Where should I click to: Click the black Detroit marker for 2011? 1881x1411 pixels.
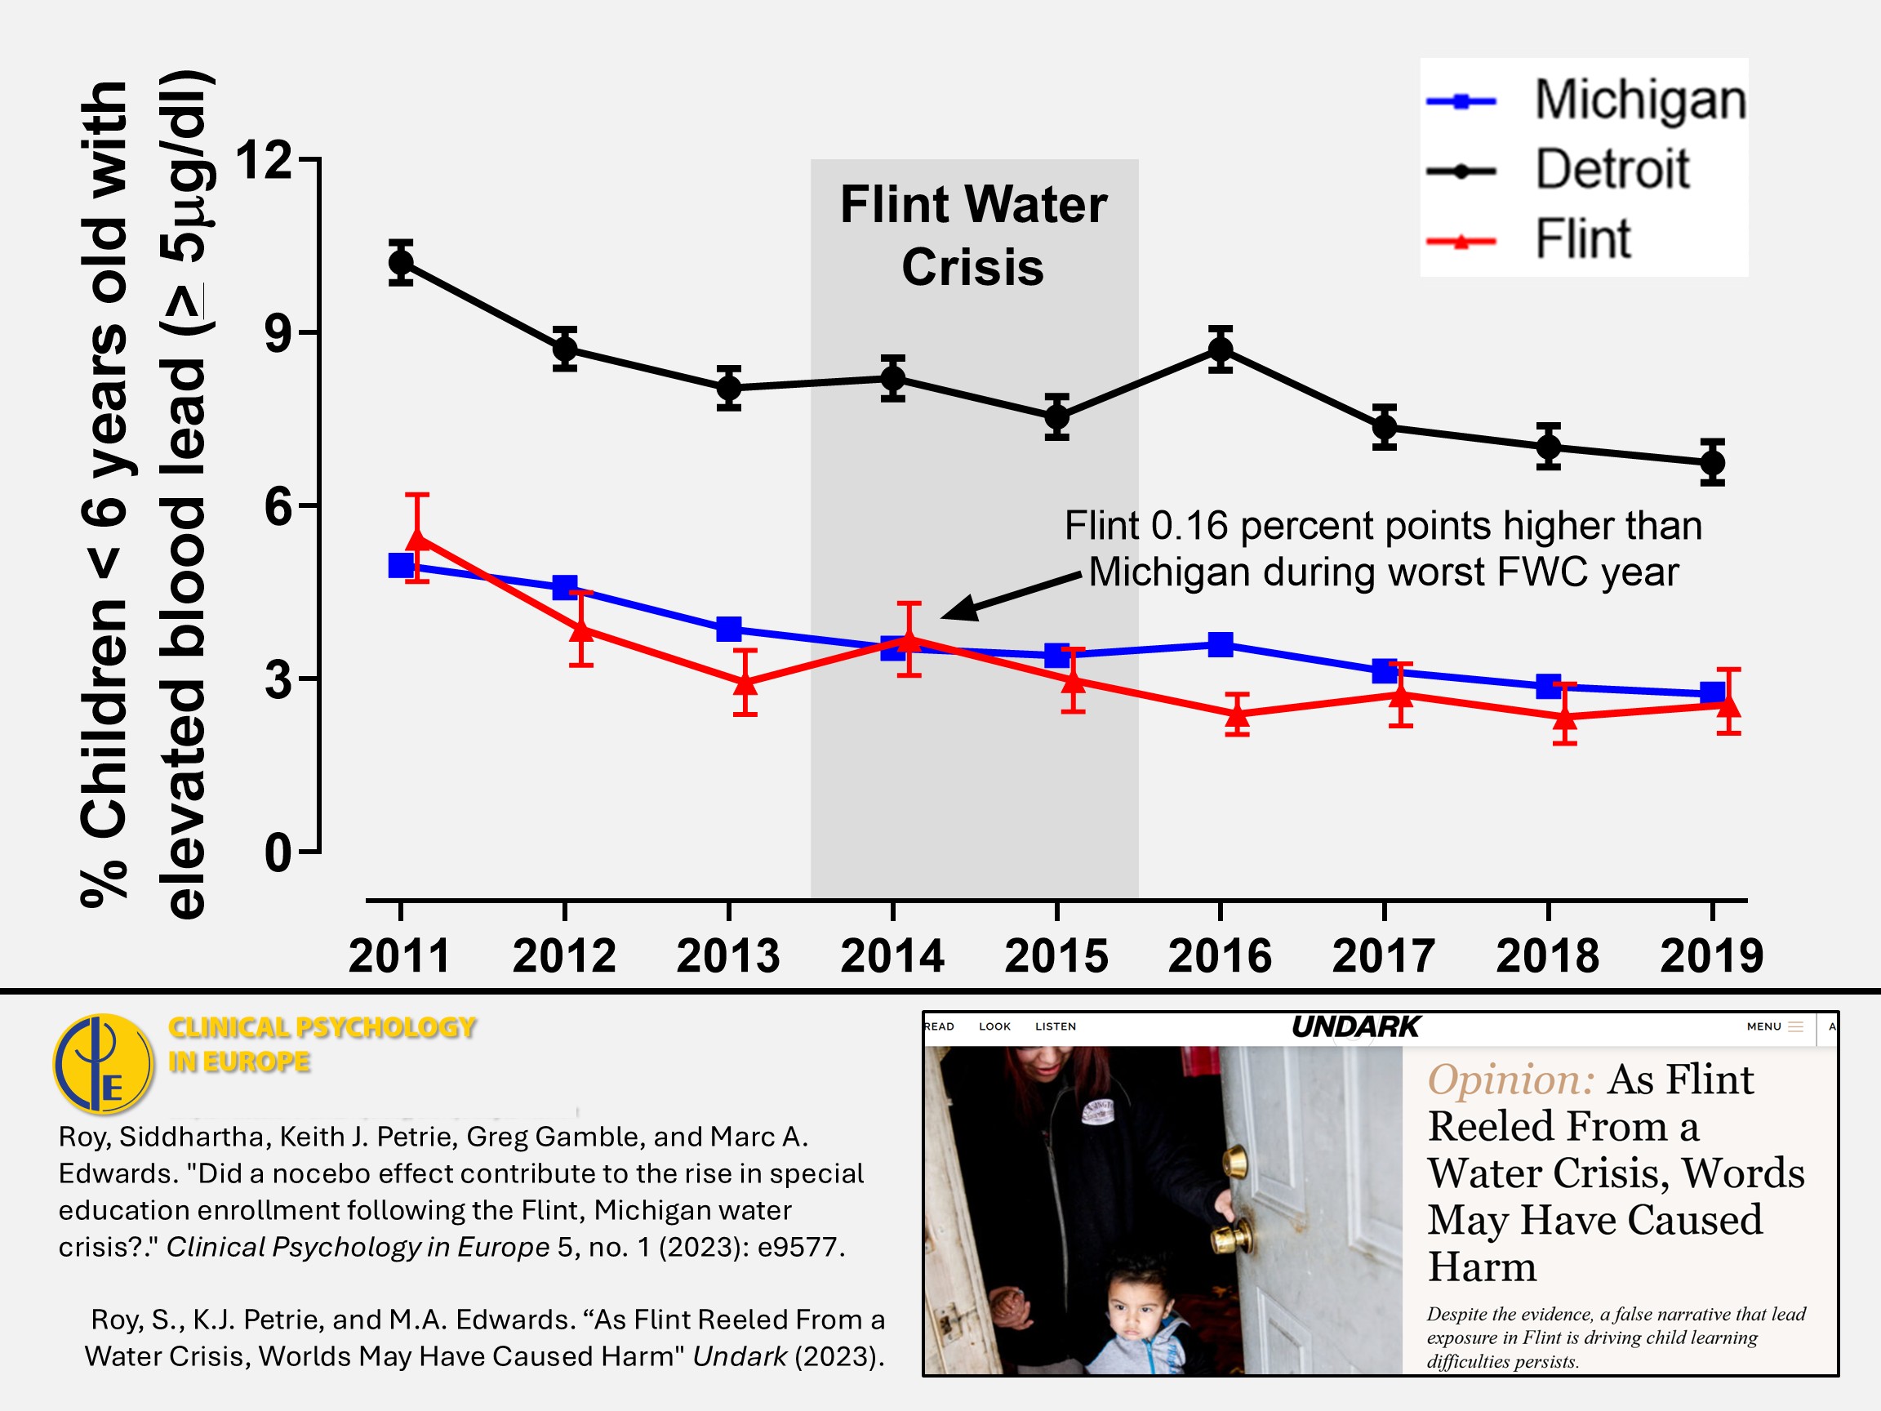click(x=401, y=263)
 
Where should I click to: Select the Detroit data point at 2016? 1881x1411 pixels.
click(x=1221, y=349)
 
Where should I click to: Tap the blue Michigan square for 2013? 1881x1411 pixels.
click(x=729, y=630)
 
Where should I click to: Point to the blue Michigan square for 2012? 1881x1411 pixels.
click(x=565, y=587)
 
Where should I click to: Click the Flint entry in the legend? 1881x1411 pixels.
click(x=1581, y=239)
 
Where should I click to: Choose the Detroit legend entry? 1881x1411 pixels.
click(x=1611, y=169)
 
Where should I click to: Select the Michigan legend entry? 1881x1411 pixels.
click(x=1639, y=100)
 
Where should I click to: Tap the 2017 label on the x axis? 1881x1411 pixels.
click(x=1384, y=956)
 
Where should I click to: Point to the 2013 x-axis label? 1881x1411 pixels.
click(x=728, y=956)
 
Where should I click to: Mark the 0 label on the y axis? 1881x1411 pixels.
click(x=278, y=853)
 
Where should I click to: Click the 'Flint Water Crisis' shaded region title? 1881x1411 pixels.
click(x=974, y=236)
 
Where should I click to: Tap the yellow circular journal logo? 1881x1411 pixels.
click(x=103, y=1064)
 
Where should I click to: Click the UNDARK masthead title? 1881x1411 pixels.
click(x=1355, y=1027)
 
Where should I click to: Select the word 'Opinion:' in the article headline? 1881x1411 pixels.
click(x=1510, y=1080)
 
